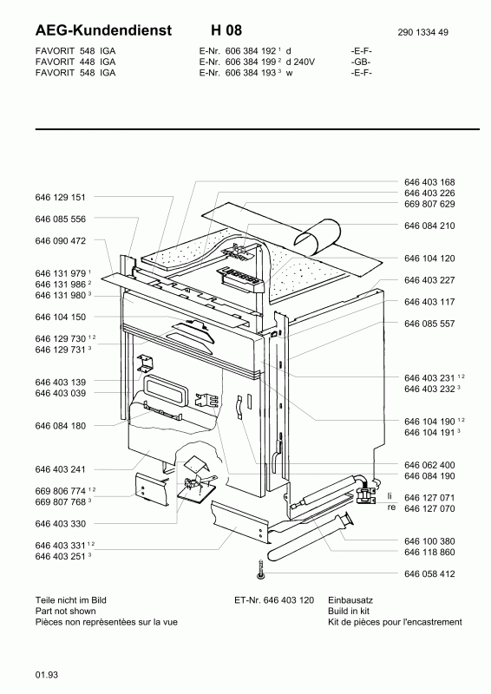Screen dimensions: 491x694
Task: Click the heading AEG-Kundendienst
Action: (x=103, y=30)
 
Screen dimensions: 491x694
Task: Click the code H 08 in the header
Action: (x=226, y=30)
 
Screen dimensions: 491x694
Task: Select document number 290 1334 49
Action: (x=422, y=32)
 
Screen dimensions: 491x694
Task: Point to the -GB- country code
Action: (x=361, y=62)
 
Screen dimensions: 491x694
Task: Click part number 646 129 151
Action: (x=60, y=198)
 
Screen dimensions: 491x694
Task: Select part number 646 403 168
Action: (x=429, y=182)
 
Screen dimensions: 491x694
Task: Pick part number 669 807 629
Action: (x=429, y=204)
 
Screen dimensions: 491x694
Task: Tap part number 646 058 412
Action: (x=429, y=574)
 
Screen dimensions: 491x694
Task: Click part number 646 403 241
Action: (x=60, y=469)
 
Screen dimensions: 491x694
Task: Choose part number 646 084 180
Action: (x=60, y=426)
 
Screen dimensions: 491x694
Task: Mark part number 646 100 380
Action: (x=429, y=541)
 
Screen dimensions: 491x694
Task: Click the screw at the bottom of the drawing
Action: (x=261, y=570)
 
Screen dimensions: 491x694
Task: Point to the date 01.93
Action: (x=47, y=675)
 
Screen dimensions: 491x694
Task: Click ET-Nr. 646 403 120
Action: (x=274, y=600)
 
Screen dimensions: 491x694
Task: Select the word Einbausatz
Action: (x=350, y=600)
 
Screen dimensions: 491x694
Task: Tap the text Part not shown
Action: (x=66, y=612)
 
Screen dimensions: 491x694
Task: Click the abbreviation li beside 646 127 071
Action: (x=390, y=496)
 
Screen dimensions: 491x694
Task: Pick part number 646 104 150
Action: (x=60, y=317)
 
